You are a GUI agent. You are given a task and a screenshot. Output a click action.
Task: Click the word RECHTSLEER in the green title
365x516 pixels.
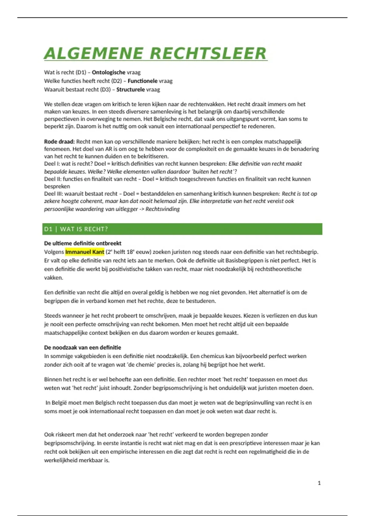coord(208,54)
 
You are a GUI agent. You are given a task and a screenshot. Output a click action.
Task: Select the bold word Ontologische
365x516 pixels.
coord(109,72)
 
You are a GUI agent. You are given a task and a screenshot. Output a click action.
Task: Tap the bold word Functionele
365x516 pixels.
coord(142,81)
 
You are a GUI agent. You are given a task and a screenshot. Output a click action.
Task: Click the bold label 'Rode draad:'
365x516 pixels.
coord(59,141)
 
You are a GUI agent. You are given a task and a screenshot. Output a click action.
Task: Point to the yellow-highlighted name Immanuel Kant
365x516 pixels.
coord(85,252)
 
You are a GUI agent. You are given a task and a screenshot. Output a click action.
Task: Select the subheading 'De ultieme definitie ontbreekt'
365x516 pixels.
coord(83,243)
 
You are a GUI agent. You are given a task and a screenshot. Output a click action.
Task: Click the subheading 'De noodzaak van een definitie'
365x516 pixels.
coord(82,348)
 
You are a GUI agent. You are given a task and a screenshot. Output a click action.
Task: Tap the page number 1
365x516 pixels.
coord(319,483)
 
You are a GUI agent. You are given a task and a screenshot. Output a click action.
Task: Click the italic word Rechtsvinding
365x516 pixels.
coord(162,209)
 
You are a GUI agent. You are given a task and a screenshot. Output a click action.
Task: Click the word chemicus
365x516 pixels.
coord(213,356)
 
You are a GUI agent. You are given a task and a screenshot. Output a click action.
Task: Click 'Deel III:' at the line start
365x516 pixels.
coord(54,194)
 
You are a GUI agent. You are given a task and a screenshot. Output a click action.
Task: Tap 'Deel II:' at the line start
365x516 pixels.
coord(53,179)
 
